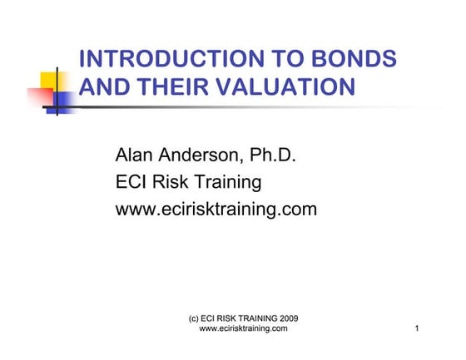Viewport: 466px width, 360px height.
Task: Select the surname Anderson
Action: pyautogui.click(x=206, y=155)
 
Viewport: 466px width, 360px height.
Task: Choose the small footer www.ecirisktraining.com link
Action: pyautogui.click(x=244, y=329)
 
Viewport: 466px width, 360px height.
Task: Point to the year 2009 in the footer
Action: pyautogui.click(x=285, y=319)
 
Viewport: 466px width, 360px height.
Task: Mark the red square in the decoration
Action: pyautogui.click(x=39, y=97)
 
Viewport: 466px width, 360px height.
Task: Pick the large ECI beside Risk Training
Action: pyautogui.click(x=134, y=181)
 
